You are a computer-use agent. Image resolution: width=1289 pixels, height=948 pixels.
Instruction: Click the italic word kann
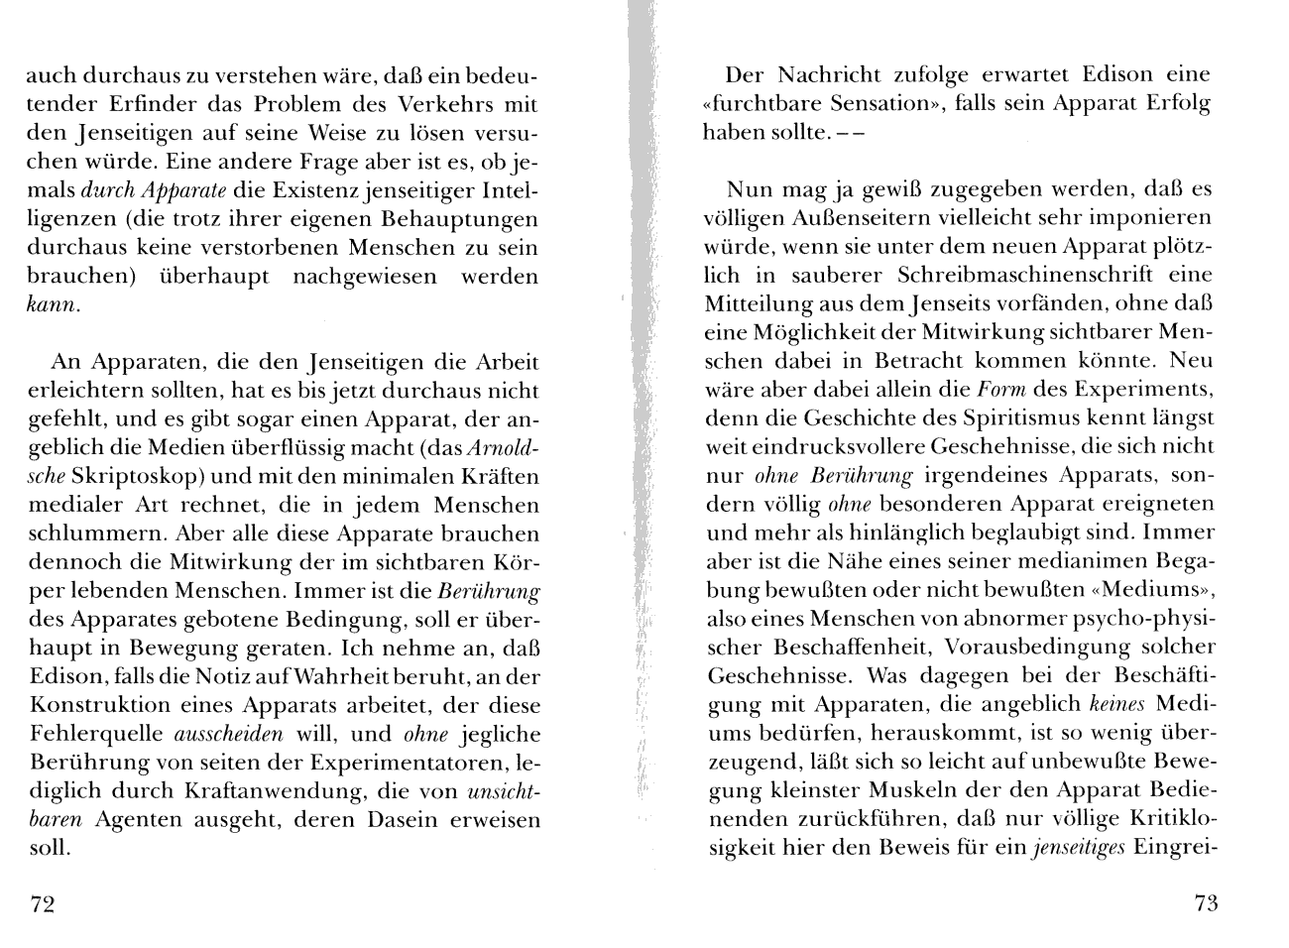pyautogui.click(x=51, y=305)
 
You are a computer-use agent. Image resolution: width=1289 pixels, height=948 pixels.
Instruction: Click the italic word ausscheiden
pyautogui.click(x=229, y=735)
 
